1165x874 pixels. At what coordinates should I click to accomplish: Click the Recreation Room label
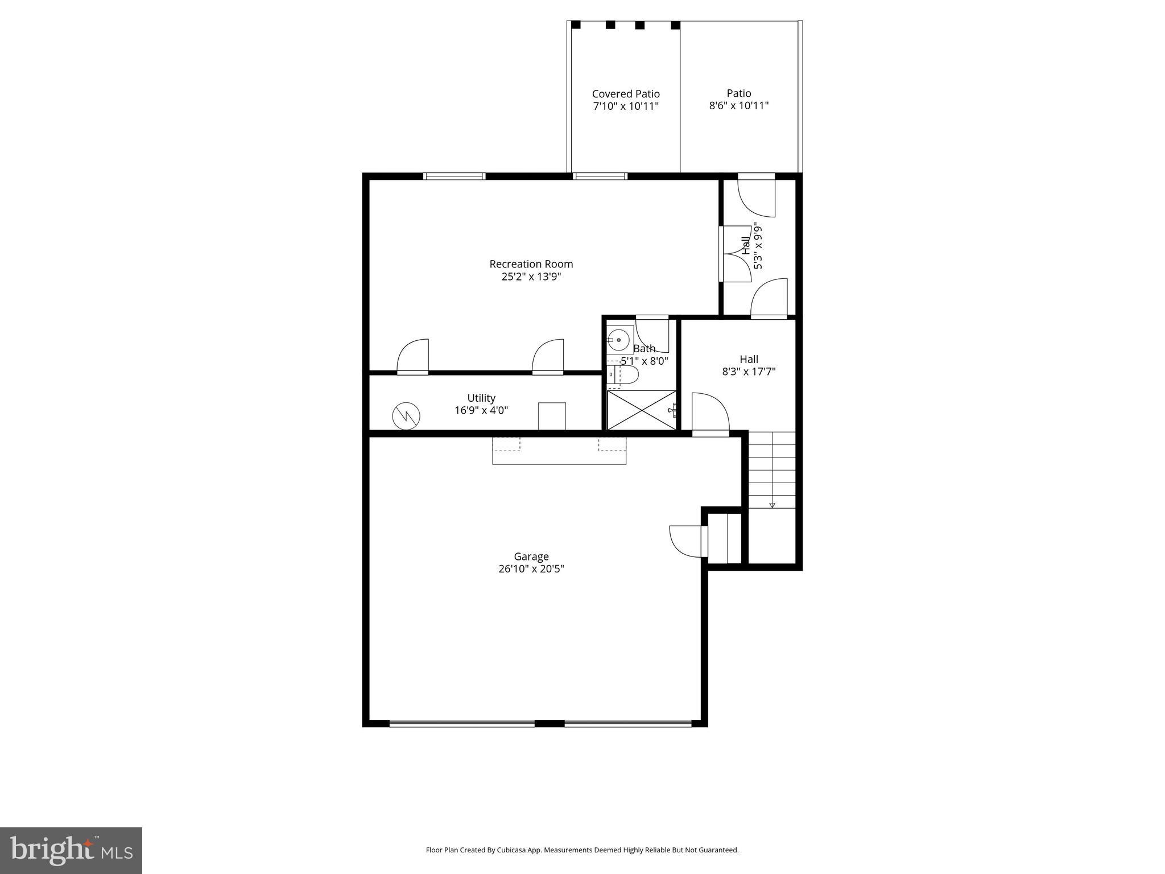coord(531,264)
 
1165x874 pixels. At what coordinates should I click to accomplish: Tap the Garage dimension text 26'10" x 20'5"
coord(531,569)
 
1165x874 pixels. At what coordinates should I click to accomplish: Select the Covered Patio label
coord(626,94)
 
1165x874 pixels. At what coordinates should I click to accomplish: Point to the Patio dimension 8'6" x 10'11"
coord(738,106)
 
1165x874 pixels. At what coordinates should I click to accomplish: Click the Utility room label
coord(481,398)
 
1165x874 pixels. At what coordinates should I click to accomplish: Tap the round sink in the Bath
coord(618,340)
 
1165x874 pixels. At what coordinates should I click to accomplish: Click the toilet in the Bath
coord(626,375)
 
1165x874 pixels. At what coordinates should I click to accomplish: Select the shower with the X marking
coord(641,410)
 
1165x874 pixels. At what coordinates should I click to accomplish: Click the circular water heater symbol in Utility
coord(406,416)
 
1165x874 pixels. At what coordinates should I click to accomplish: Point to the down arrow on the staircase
coord(772,505)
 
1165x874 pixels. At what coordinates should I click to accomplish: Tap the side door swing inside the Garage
coord(687,541)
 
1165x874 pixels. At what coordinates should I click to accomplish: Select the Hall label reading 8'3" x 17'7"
coord(749,365)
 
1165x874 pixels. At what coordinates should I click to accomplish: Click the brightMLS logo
coord(71,850)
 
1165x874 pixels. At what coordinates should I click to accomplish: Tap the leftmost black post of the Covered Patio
coord(576,25)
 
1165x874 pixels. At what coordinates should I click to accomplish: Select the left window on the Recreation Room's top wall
coord(455,176)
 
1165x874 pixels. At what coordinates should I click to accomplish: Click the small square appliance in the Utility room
coord(552,416)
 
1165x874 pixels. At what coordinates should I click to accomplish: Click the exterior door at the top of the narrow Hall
coord(757,195)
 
